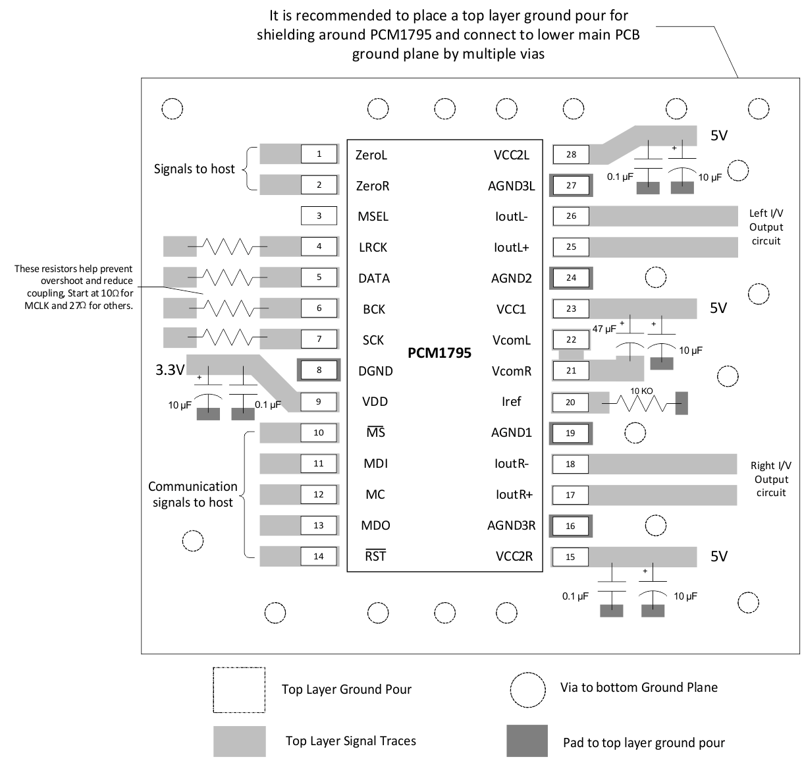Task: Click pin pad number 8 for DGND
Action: pyautogui.click(x=319, y=370)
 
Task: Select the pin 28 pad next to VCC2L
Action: pyautogui.click(x=571, y=154)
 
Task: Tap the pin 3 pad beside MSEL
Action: pyautogui.click(x=319, y=215)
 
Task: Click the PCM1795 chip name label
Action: pyautogui.click(x=439, y=353)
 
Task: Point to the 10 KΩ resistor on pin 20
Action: pyautogui.click(x=641, y=402)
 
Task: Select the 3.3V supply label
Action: pyautogui.click(x=170, y=370)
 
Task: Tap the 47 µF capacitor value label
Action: pyautogui.click(x=604, y=328)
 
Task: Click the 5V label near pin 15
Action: pyautogui.click(x=719, y=556)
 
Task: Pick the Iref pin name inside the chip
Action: pyautogui.click(x=511, y=401)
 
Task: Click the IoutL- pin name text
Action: pyautogui.click(x=512, y=216)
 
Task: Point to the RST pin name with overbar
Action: pyautogui.click(x=375, y=556)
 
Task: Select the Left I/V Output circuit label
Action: pyautogui.click(x=766, y=227)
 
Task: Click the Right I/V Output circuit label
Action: pyautogui.click(x=770, y=479)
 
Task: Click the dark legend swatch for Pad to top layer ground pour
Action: pyautogui.click(x=527, y=741)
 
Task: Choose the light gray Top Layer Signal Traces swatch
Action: pyautogui.click(x=239, y=741)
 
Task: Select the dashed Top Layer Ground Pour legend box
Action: pyautogui.click(x=239, y=690)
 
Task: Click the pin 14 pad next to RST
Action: pyautogui.click(x=319, y=556)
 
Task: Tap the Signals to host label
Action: pyautogui.click(x=194, y=169)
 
